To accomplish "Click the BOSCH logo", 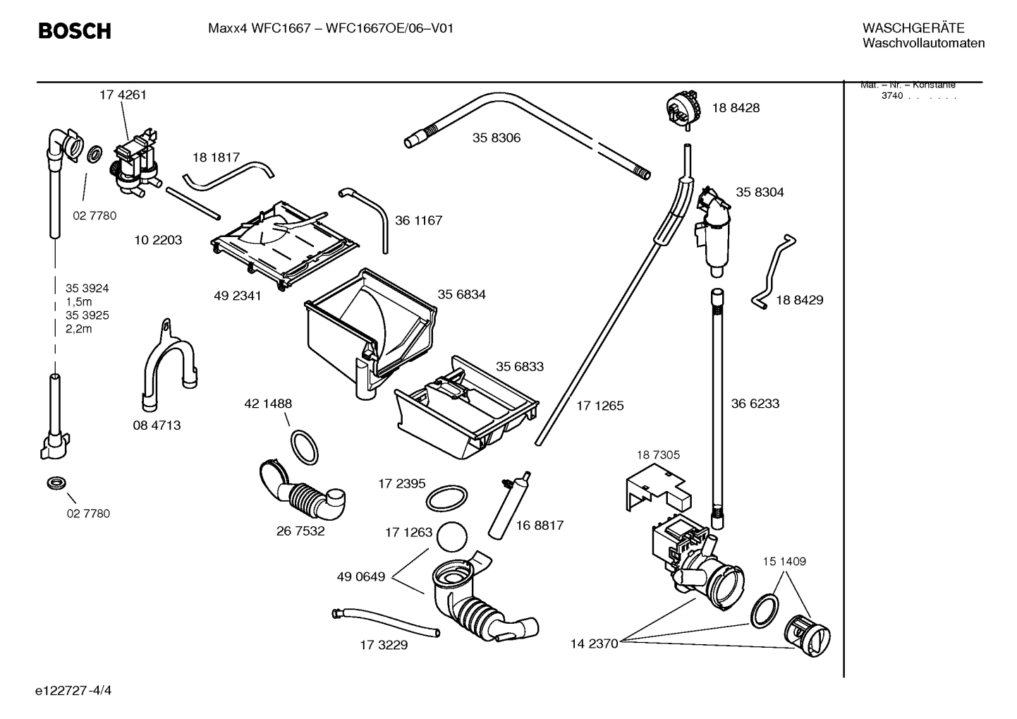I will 74,31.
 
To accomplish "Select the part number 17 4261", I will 123,95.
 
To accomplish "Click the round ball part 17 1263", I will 451,536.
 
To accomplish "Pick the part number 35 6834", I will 461,294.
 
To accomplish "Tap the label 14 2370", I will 594,643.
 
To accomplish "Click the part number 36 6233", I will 755,404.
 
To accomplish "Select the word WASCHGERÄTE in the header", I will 913,28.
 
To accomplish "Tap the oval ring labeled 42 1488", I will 304,446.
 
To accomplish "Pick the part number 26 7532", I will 300,531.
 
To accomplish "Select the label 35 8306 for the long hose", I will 497,138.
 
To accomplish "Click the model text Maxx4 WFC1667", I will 259,29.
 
